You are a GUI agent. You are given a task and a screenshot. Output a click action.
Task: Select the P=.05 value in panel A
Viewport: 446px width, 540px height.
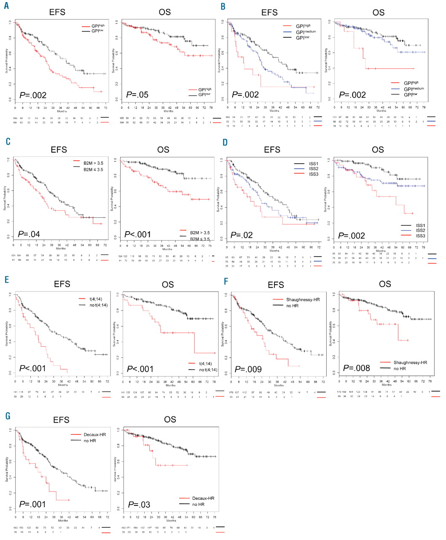coord(137,95)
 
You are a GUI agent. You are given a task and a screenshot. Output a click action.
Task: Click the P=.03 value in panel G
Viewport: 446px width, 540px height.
coord(139,505)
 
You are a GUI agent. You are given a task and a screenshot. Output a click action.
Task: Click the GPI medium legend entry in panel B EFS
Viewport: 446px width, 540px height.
coord(306,32)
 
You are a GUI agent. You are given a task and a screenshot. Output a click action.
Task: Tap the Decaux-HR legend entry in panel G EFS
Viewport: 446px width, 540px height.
coord(94,435)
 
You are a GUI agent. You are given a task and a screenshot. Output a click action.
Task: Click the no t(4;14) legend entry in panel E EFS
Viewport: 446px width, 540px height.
coord(97,305)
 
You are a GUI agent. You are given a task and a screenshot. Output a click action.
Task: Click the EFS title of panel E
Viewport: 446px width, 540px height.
coord(62,284)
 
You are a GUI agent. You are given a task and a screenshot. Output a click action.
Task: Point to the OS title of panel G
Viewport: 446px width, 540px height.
coord(170,419)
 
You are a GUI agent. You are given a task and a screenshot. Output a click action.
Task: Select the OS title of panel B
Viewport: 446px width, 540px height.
coord(378,13)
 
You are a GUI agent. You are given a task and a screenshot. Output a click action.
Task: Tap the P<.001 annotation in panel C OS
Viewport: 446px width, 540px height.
coord(137,234)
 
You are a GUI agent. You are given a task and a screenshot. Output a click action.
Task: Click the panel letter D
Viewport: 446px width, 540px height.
coord(225,142)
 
